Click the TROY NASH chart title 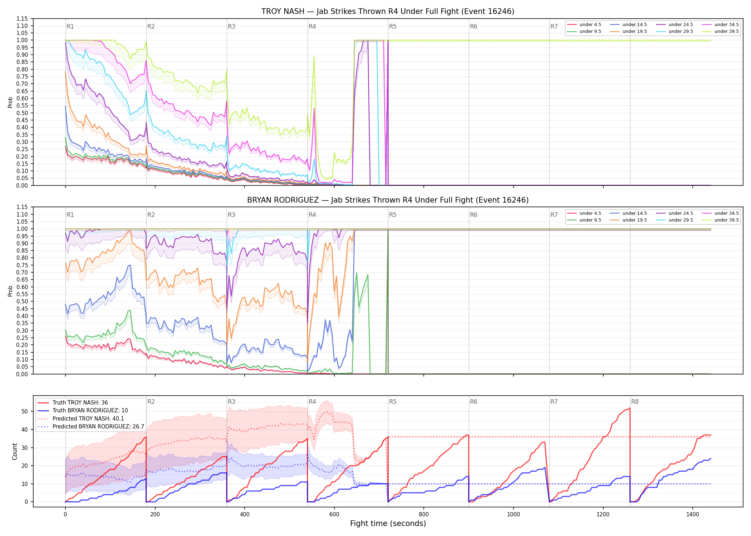[388, 11]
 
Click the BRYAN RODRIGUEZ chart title [388, 200]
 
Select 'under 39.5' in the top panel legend [726, 31]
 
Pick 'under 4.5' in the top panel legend [590, 25]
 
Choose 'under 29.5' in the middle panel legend [681, 220]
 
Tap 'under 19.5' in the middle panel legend [634, 220]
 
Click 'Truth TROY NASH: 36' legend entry [80, 403]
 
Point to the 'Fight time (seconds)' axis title [388, 523]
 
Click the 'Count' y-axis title [15, 451]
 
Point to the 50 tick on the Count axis [25, 411]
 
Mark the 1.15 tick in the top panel [22, 19]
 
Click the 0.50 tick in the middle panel [22, 302]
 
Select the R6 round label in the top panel [473, 26]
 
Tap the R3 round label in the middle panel [231, 215]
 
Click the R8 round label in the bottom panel [635, 402]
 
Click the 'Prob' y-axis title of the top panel [10, 102]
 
